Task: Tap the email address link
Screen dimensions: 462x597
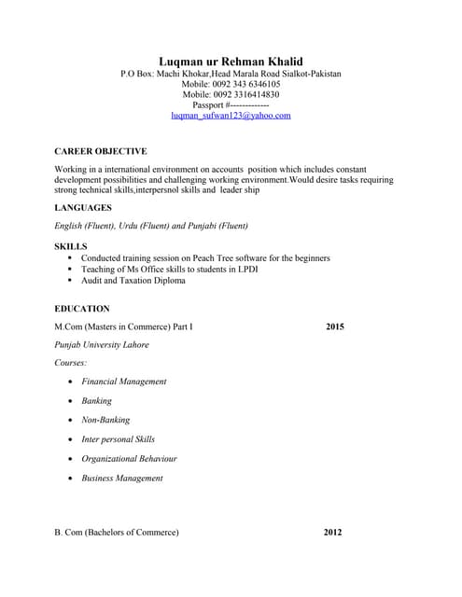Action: (x=231, y=116)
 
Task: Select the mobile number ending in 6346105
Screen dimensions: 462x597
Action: (x=231, y=84)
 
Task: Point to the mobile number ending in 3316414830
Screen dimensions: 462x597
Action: (x=231, y=94)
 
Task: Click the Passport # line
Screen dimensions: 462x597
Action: (x=231, y=105)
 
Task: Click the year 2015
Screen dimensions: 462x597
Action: (x=335, y=327)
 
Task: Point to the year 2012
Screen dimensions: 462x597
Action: (x=332, y=533)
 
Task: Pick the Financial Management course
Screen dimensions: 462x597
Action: (x=124, y=382)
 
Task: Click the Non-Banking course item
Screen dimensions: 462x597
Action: (x=105, y=420)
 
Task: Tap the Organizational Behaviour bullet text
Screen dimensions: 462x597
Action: (x=129, y=459)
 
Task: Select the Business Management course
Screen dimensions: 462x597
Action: (x=122, y=479)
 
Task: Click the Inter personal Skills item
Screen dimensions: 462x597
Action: (x=119, y=439)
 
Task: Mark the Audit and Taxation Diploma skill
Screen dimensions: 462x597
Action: (x=133, y=280)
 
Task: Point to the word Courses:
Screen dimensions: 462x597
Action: (x=72, y=362)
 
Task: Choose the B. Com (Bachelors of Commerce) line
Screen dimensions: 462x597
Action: (x=117, y=533)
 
